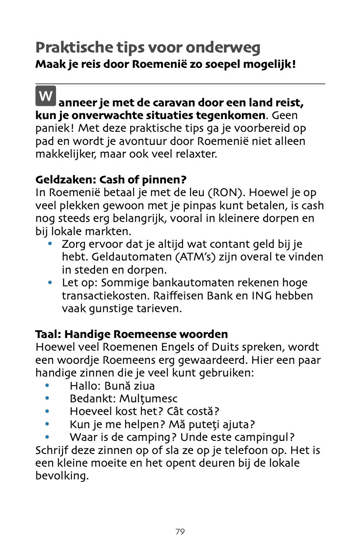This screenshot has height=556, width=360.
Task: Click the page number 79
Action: (x=180, y=532)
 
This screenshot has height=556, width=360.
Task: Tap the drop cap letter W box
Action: (x=46, y=96)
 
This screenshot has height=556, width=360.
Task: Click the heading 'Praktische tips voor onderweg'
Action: (x=148, y=47)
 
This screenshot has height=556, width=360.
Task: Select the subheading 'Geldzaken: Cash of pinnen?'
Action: (x=111, y=180)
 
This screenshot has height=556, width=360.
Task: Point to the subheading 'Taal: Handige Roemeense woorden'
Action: (x=131, y=334)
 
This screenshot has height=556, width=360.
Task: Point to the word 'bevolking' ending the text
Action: (x=61, y=476)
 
